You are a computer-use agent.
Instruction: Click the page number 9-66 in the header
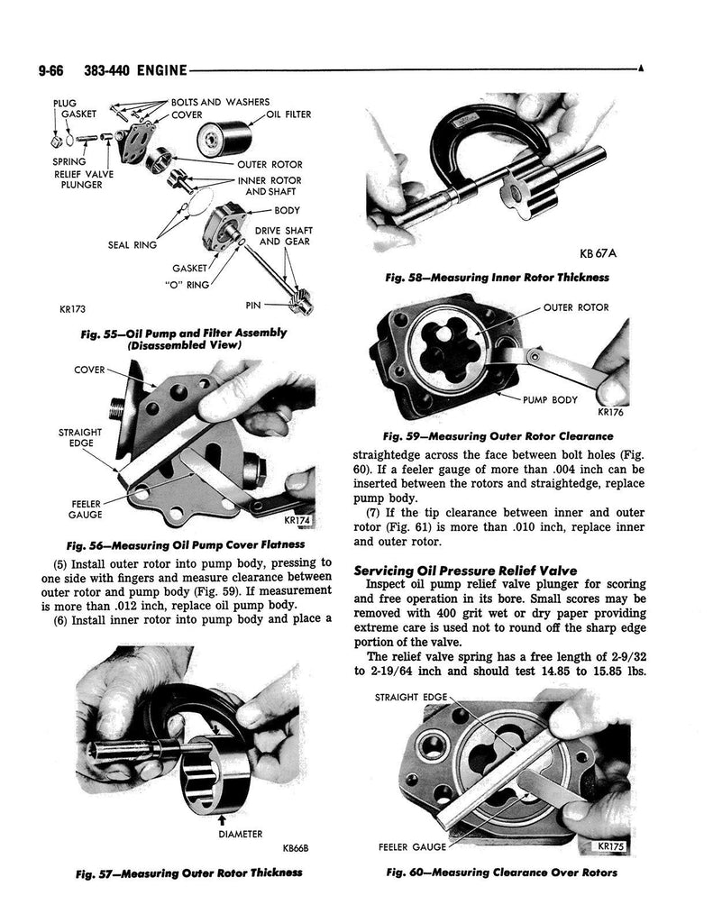pyautogui.click(x=50, y=70)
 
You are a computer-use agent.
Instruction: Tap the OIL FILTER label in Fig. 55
pyautogui.click(x=288, y=114)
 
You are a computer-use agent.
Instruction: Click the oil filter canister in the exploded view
pyautogui.click(x=224, y=138)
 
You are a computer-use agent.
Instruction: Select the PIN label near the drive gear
pyautogui.click(x=253, y=305)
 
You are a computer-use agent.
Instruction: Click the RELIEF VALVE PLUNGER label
pyautogui.click(x=84, y=179)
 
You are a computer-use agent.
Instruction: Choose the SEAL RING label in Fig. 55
pyautogui.click(x=133, y=245)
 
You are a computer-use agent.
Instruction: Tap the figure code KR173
pyautogui.click(x=73, y=308)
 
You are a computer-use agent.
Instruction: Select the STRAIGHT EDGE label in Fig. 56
pyautogui.click(x=80, y=437)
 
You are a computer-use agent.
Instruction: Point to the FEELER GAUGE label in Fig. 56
pyautogui.click(x=87, y=509)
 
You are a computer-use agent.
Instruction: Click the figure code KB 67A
pyautogui.click(x=598, y=253)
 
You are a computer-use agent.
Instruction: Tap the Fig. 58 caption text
pyautogui.click(x=497, y=278)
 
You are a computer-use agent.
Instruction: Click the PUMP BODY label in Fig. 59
pyautogui.click(x=550, y=400)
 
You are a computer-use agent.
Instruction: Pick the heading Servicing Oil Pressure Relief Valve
pyautogui.click(x=465, y=570)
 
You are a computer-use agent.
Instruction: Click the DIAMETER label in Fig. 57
pyautogui.click(x=240, y=834)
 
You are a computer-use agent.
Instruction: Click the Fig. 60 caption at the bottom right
pyautogui.click(x=502, y=873)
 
